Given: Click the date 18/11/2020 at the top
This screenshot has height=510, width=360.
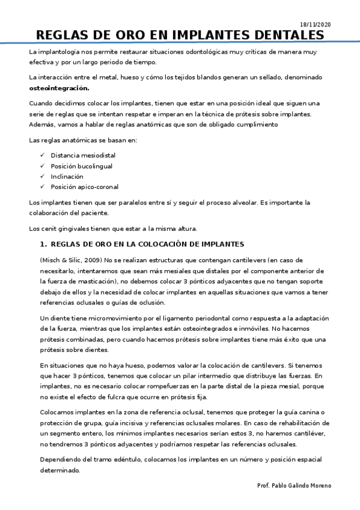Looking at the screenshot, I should [315, 24].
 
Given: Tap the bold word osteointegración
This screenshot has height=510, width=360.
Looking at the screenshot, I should [59, 88].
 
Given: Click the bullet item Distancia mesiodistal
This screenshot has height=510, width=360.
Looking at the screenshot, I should [83, 155].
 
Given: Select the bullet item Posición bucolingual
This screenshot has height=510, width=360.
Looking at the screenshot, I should [82, 165].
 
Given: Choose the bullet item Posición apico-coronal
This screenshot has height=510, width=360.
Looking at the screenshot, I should [85, 186].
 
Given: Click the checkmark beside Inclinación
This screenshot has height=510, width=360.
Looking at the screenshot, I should [42, 176].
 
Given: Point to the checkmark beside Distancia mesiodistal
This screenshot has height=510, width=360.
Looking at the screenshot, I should [42, 155].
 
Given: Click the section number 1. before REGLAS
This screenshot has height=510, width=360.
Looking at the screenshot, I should [43, 244].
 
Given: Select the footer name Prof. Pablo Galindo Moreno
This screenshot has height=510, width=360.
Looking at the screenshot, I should [293, 485].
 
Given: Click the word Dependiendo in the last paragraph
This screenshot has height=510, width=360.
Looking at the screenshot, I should [63, 459].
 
